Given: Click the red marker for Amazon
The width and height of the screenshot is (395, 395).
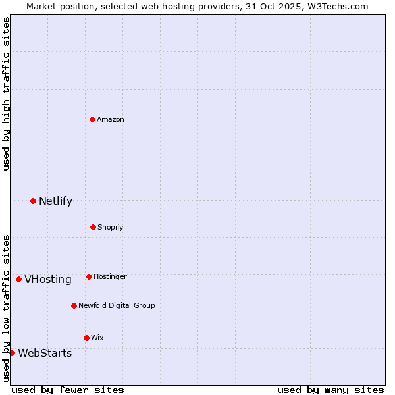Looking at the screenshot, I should [x=93, y=119].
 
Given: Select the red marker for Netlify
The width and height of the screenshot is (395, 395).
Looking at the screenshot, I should [x=33, y=201].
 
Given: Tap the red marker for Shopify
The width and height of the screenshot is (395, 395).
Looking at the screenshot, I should [x=93, y=227].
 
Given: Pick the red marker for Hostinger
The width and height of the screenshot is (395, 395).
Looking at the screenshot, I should [x=89, y=276].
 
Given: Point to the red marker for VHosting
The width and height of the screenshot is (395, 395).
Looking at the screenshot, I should [x=18, y=279].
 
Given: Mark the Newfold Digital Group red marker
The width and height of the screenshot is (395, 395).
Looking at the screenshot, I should [x=74, y=305].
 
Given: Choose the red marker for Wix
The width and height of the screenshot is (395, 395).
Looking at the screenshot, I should [x=86, y=338].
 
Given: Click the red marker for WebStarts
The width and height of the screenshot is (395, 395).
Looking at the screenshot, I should [x=12, y=353].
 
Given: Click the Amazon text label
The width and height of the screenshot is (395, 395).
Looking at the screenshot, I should [x=111, y=119].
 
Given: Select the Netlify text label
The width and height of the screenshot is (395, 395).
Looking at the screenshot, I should [x=55, y=201].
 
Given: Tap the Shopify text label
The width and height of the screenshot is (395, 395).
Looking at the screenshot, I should [x=111, y=227].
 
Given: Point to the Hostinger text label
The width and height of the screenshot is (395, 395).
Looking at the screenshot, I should [x=110, y=276].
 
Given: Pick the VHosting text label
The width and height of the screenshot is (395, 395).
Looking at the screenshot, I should [x=48, y=280].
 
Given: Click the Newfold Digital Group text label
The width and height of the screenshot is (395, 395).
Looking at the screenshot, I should [x=117, y=305].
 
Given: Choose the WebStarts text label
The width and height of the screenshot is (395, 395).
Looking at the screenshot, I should [x=45, y=354].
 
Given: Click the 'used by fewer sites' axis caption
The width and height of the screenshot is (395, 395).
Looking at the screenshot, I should [x=68, y=390].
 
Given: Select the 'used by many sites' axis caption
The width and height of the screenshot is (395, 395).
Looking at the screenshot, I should [x=330, y=390].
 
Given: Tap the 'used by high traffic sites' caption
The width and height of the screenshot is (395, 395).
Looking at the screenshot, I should [x=6, y=93].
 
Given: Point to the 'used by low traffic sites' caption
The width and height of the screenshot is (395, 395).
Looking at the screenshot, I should [x=6, y=307].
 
